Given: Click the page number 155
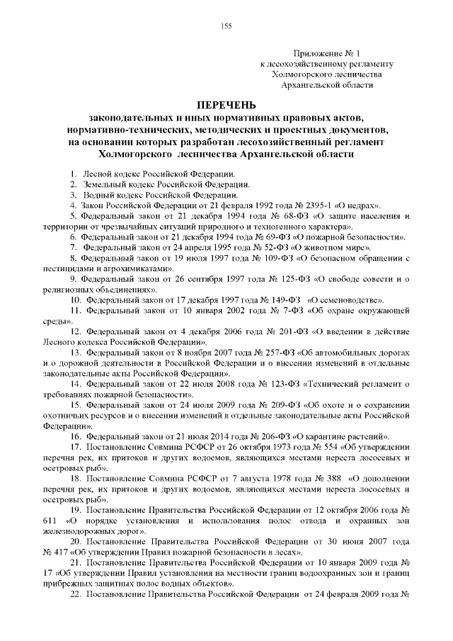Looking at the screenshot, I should pyautogui.click(x=226, y=26).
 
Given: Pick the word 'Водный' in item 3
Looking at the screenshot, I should pyautogui.click(x=99, y=195).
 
